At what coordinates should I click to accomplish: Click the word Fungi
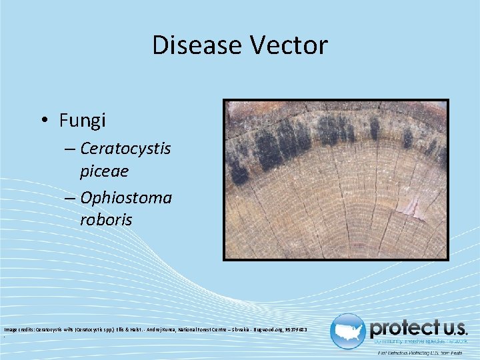pyautogui.click(x=83, y=121)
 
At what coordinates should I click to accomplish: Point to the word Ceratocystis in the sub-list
pyautogui.click(x=125, y=148)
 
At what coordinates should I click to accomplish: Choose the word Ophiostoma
pyautogui.click(x=125, y=197)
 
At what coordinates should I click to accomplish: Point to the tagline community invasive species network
pyautogui.click(x=420, y=341)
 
